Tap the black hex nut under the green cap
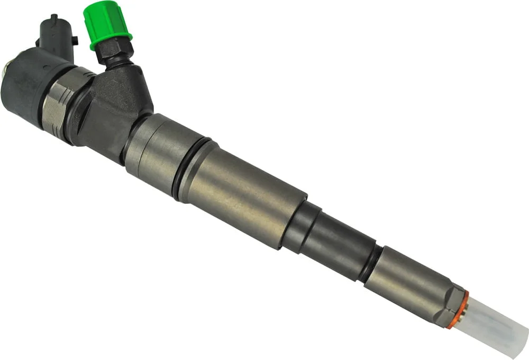pyautogui.click(x=114, y=52)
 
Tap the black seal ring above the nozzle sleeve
pyautogui.click(x=370, y=263)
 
